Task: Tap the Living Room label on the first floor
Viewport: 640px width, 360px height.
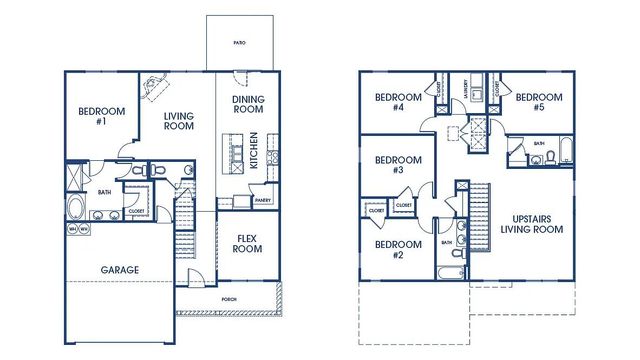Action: point(179,122)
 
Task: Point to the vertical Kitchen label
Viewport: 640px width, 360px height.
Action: point(255,150)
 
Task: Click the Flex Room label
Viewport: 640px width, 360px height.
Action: point(247,243)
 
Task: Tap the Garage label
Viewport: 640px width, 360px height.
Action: point(119,270)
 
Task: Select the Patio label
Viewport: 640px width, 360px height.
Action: point(239,44)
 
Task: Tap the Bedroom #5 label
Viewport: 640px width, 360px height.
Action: point(536,102)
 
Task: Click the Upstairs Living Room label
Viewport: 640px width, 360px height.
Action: point(532,223)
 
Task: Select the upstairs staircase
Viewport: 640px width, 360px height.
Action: point(463,205)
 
